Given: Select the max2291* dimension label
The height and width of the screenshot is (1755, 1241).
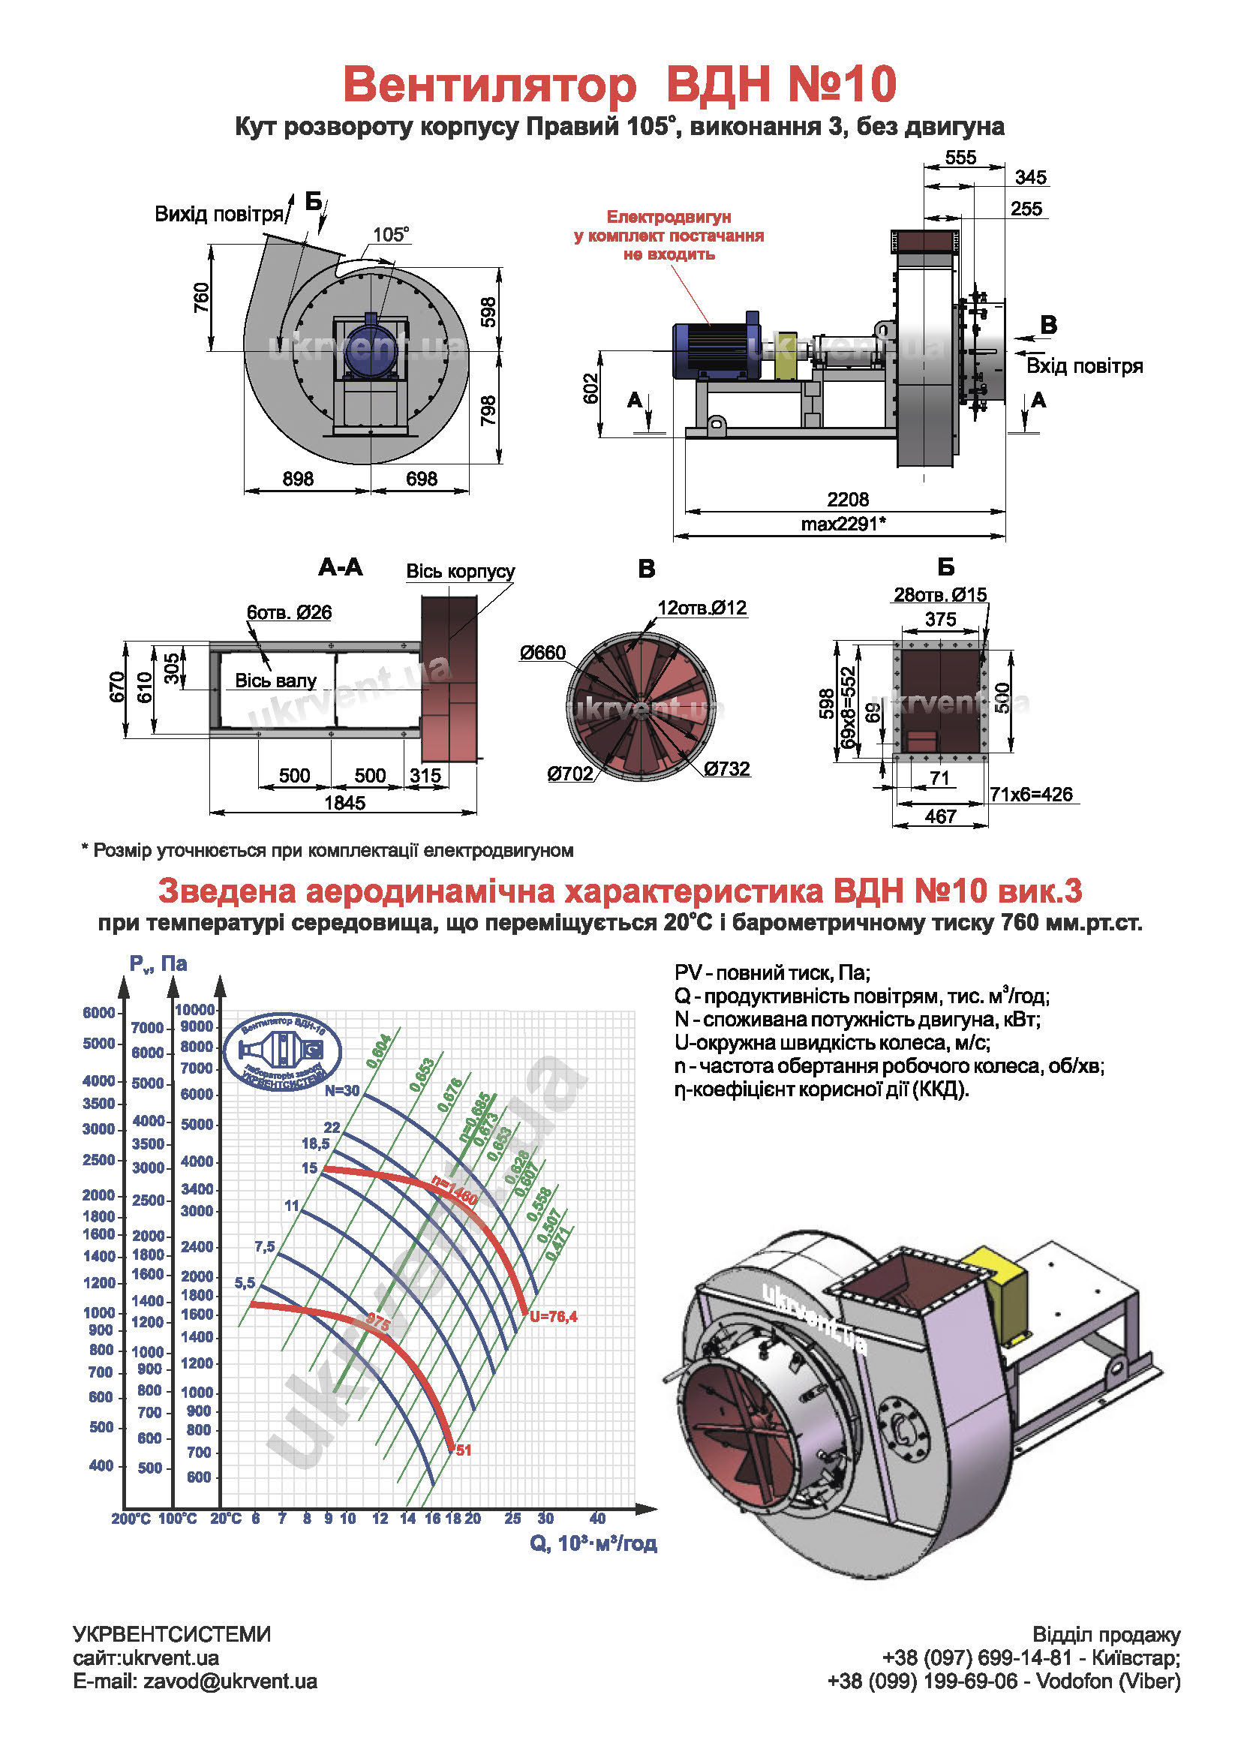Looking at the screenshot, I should click(843, 524).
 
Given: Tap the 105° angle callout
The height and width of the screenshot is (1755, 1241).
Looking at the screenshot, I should click(390, 234).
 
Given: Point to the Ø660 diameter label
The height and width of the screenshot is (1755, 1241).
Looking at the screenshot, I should click(542, 653).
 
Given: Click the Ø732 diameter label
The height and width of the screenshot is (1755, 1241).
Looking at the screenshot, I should click(727, 768).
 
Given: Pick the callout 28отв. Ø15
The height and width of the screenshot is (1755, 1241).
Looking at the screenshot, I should click(940, 595).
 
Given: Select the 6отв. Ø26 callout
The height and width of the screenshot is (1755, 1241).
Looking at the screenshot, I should click(289, 612).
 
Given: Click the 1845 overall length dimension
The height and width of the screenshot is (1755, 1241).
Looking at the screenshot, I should click(344, 803).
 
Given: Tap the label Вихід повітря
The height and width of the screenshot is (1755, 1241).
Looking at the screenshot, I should click(218, 214).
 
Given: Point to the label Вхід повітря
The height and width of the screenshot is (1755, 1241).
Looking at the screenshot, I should click(1083, 366).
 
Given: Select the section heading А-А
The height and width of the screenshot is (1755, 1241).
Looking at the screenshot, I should click(340, 567).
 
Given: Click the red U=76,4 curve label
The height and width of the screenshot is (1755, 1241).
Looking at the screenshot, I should click(553, 1316).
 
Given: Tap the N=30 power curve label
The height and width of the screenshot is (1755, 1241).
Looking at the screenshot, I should click(341, 1091).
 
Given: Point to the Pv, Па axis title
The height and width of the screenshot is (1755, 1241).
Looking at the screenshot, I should click(158, 964).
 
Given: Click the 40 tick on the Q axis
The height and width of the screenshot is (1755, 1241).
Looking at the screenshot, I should click(596, 1518).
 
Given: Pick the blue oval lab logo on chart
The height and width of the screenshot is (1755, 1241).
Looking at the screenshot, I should click(282, 1052).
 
